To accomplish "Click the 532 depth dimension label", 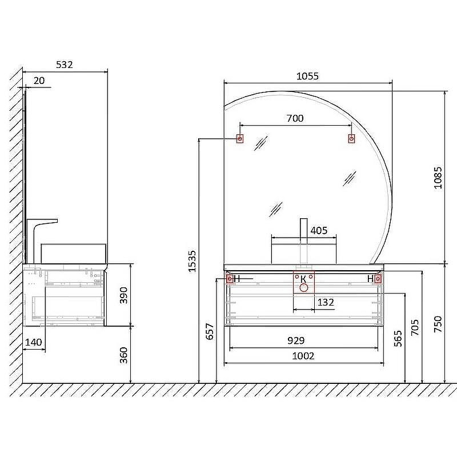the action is click(65, 65).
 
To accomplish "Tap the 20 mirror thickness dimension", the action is click(39, 81).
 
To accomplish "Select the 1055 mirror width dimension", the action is click(307, 76).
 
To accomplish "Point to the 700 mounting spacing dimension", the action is click(295, 118).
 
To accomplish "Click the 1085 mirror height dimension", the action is click(438, 178).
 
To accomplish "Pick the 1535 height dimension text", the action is click(192, 262).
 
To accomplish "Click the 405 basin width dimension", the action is click(319, 231).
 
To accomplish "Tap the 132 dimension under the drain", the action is click(326, 302).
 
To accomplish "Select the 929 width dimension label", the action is click(296, 340).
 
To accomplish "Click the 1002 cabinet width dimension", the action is click(303, 356).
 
